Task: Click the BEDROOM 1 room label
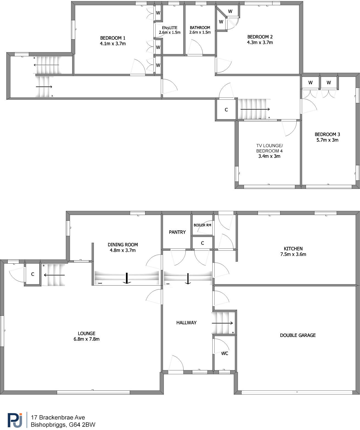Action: coord(113,38)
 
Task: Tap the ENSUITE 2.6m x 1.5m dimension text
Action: coord(170,32)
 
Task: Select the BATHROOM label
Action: coord(200,28)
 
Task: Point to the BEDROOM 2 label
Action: coord(260,37)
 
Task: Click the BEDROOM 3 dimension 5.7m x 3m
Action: coord(327,140)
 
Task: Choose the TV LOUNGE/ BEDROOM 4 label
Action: coord(269,148)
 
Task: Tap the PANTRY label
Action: coord(177,232)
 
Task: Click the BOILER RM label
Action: coord(202,225)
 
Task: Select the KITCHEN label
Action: coord(293,248)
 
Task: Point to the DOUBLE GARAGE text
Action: coord(298,335)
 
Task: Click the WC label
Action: coord(224,353)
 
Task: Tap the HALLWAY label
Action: coord(186,323)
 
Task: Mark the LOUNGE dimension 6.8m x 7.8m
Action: coord(86,339)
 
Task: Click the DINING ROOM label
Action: coord(123,245)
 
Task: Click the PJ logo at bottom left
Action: coord(15,420)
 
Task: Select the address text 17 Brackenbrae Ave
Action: coord(58,417)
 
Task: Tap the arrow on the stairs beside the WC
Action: coord(222,323)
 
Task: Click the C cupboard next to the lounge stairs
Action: coord(33,274)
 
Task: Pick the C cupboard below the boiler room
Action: coord(203,243)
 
